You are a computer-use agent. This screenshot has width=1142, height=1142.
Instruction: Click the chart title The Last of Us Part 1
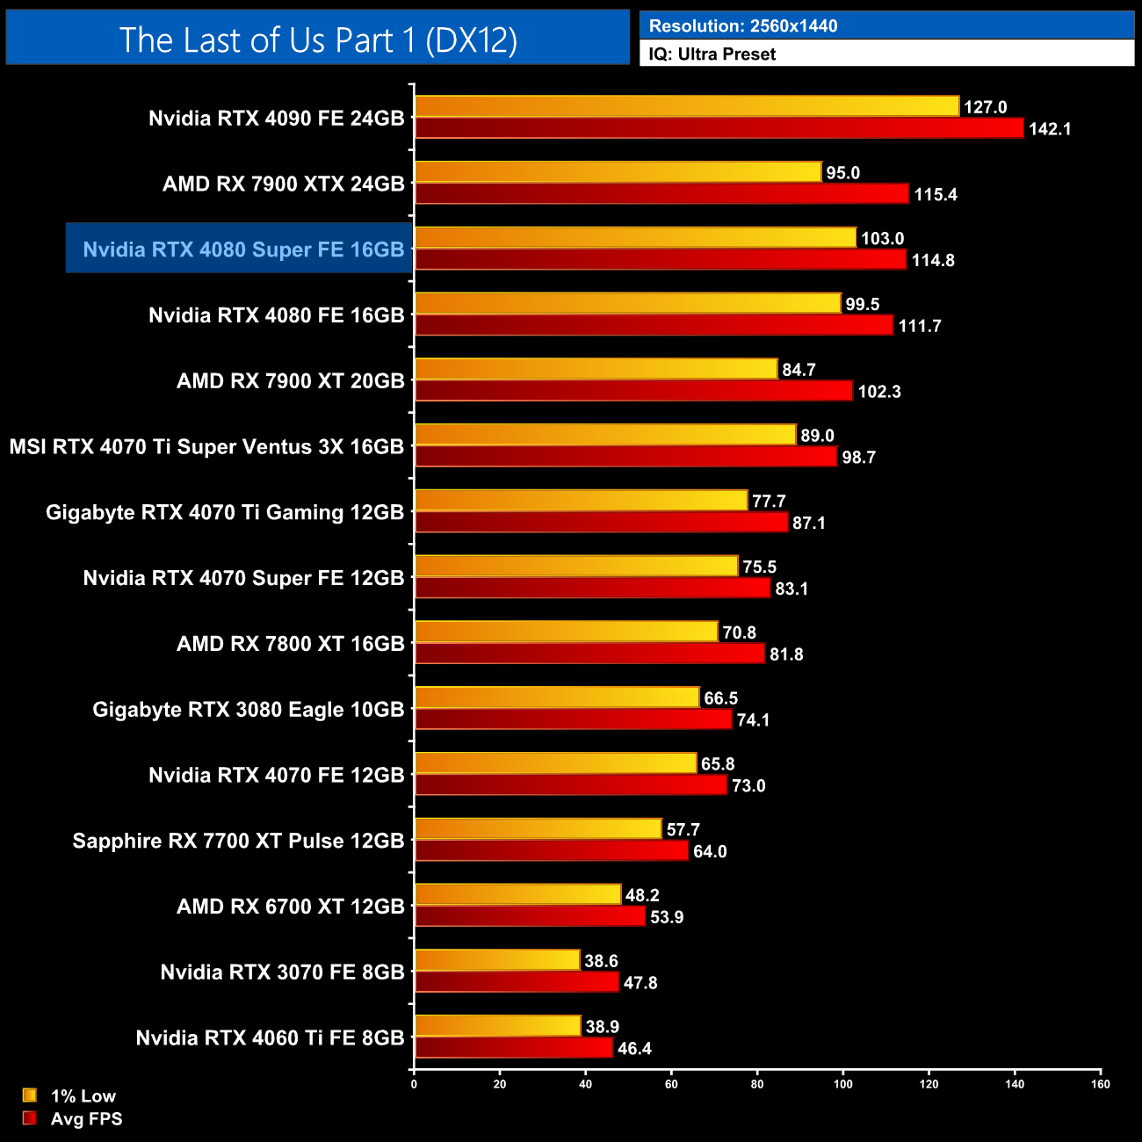(318, 40)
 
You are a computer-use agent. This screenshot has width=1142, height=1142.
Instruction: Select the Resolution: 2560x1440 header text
(743, 26)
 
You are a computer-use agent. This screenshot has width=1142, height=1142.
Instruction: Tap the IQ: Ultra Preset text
(712, 54)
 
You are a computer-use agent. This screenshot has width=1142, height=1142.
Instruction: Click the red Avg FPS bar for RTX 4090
(719, 128)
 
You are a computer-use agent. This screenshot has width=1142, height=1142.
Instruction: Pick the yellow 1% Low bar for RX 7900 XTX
(618, 172)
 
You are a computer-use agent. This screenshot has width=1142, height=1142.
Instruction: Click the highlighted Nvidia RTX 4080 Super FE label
(243, 249)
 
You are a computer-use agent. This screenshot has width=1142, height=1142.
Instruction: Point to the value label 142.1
(1050, 129)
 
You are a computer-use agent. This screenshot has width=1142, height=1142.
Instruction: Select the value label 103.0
(882, 239)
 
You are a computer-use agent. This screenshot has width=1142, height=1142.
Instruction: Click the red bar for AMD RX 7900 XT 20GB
(633, 391)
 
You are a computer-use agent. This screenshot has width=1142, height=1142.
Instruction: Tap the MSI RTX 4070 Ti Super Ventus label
(206, 447)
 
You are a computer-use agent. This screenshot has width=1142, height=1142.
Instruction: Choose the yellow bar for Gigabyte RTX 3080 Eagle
(557, 697)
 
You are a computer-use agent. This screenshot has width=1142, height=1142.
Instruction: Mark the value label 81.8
(786, 654)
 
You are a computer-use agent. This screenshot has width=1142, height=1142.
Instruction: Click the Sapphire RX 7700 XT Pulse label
(238, 842)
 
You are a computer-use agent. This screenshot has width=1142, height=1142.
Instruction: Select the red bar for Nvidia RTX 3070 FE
(517, 982)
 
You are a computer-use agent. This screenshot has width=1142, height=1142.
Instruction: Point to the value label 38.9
(603, 1027)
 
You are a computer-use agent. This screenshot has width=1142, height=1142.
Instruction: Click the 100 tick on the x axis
(842, 1084)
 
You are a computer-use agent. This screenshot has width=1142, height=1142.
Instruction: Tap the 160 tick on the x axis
(1101, 1084)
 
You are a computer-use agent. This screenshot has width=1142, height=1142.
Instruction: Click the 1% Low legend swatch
(30, 1095)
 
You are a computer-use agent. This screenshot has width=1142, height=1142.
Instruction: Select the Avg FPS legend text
(86, 1119)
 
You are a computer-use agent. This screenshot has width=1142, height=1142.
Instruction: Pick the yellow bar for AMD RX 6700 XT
(517, 894)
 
